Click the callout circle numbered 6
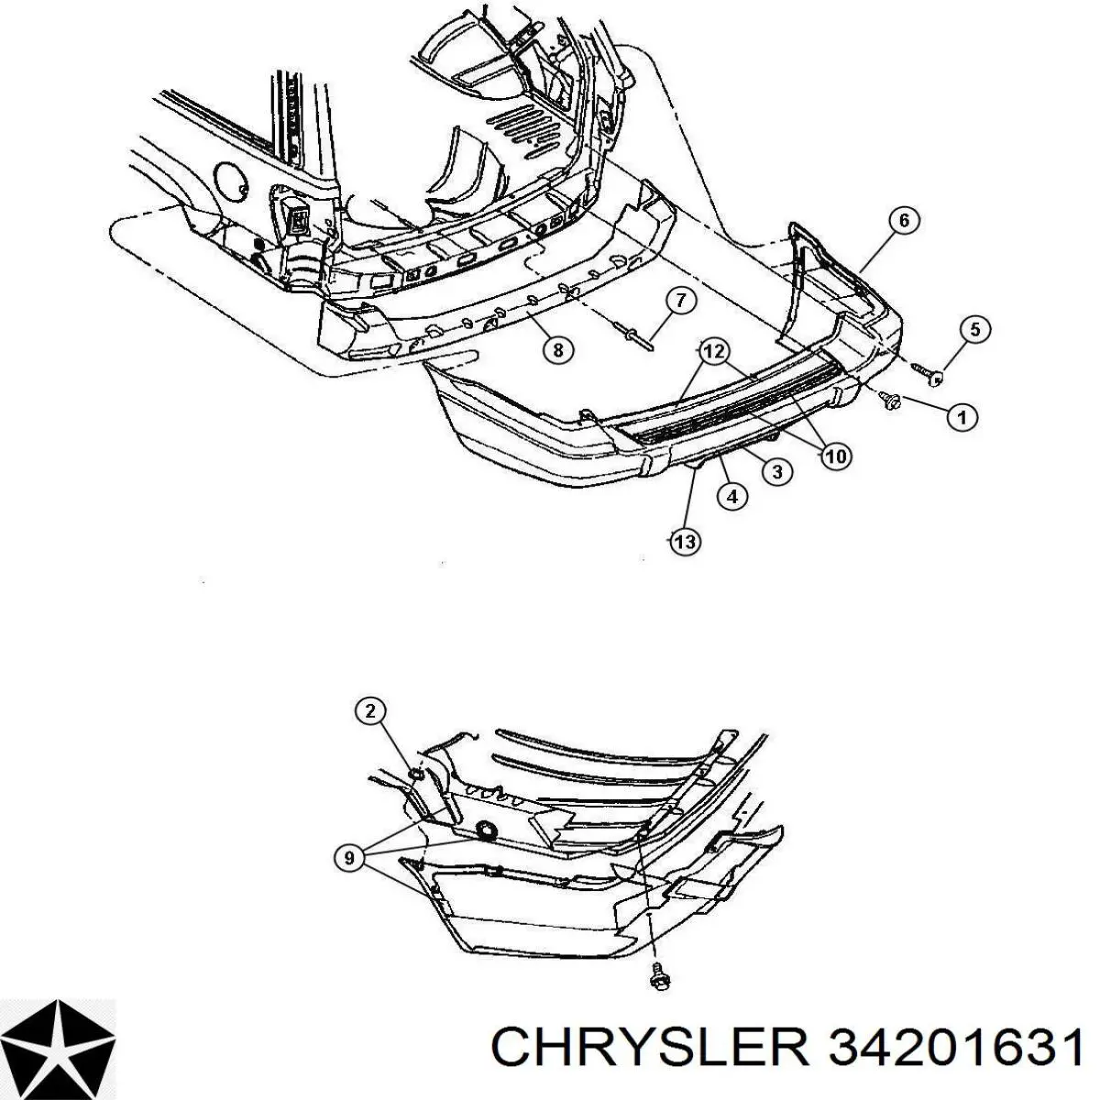point(904,221)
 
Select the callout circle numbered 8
point(557,348)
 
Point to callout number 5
point(974,329)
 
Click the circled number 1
point(962,418)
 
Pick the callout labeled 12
point(713,352)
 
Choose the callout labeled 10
point(836,456)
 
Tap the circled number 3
point(777,471)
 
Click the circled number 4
point(732,496)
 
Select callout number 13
point(685,541)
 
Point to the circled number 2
point(370,711)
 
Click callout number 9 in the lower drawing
point(350,857)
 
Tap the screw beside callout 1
point(890,400)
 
